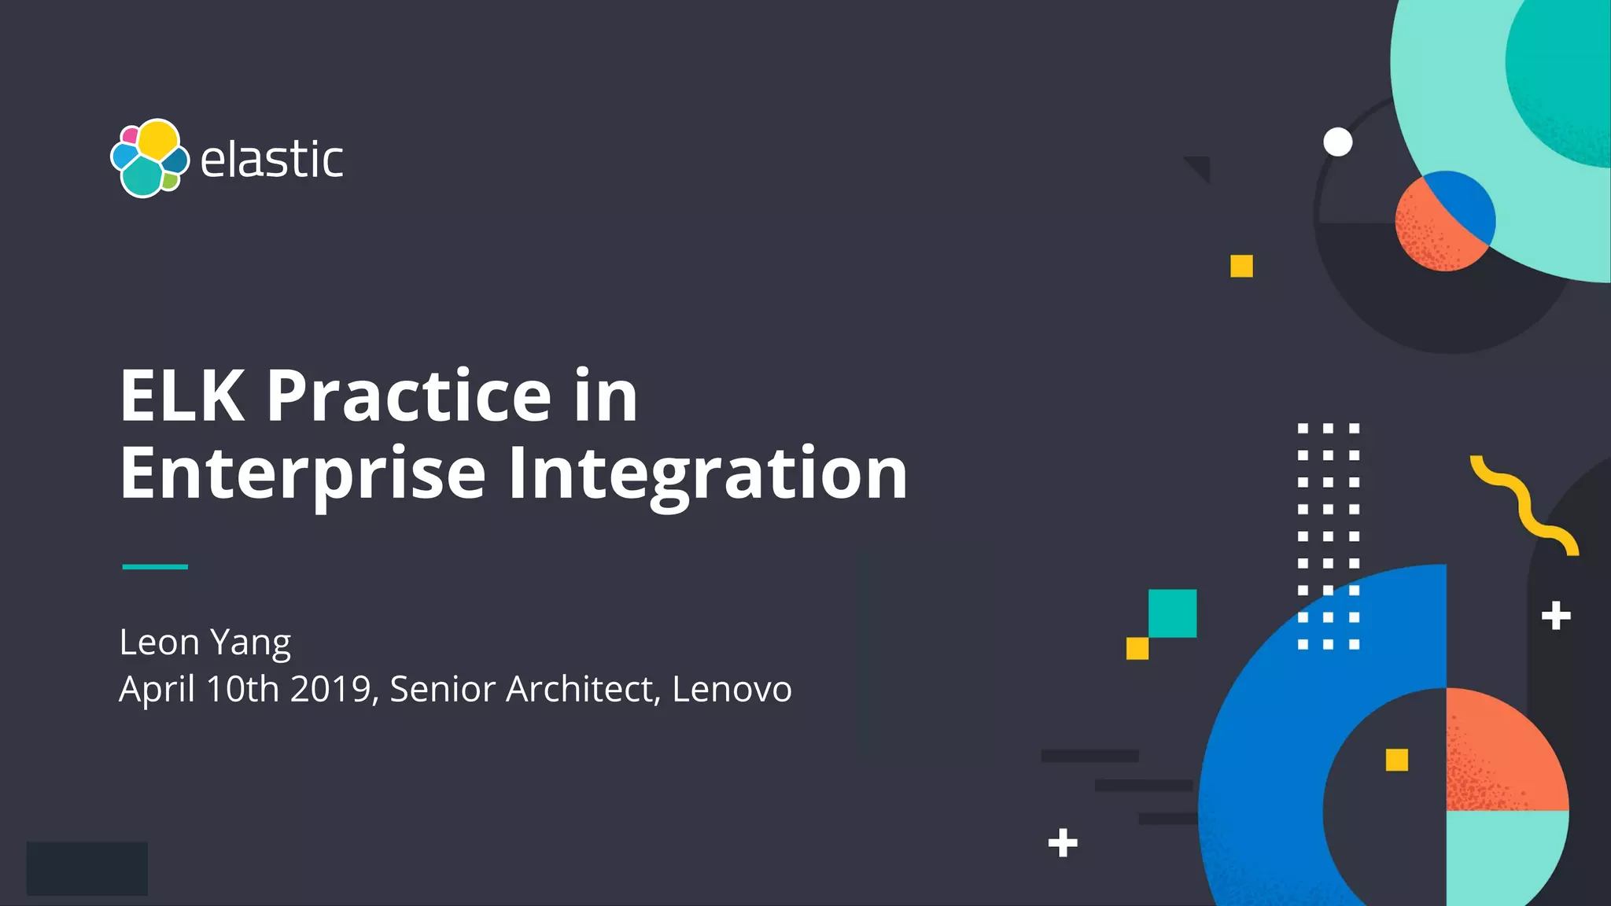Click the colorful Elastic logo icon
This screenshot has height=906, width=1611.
click(x=149, y=158)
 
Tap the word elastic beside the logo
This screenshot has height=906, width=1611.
click(x=271, y=160)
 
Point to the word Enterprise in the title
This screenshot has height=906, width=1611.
click(x=303, y=473)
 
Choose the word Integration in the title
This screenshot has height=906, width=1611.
click(x=708, y=473)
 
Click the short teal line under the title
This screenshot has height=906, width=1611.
click(x=155, y=566)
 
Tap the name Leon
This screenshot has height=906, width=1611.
click(x=159, y=642)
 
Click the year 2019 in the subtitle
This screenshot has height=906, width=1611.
click(x=330, y=689)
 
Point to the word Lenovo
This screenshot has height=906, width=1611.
click(x=732, y=689)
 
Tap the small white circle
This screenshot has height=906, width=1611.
click(x=1337, y=142)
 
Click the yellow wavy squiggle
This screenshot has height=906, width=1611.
click(x=1524, y=505)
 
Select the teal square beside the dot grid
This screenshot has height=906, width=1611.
click(x=1172, y=613)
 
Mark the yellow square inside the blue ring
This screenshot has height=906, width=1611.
click(x=1396, y=760)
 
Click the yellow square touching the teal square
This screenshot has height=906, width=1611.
click(x=1137, y=649)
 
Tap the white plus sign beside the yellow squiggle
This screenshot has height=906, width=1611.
click(x=1556, y=616)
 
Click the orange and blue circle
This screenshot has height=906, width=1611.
click(x=1445, y=221)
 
